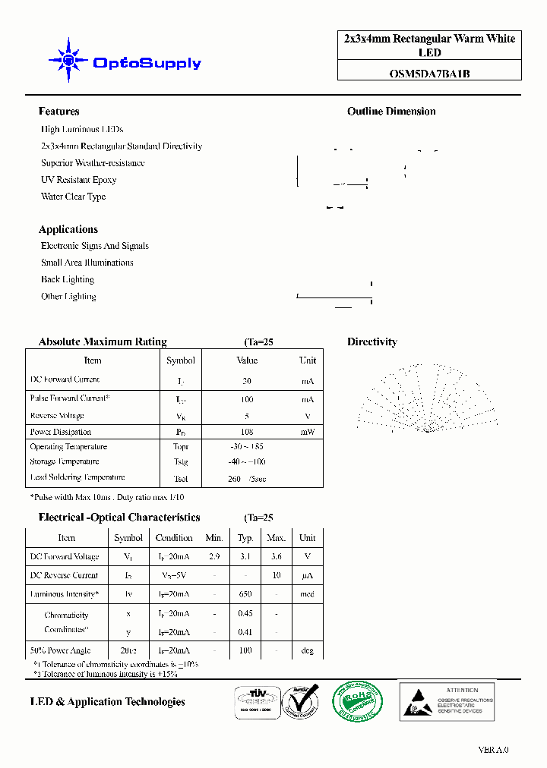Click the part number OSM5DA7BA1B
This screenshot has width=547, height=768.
[x=429, y=74]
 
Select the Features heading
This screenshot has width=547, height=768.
[x=58, y=112]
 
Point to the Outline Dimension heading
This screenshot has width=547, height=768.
[x=391, y=112]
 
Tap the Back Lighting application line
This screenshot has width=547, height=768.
[x=68, y=279]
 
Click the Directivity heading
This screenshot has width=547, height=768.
[x=372, y=342]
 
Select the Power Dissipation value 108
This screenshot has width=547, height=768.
[x=247, y=432]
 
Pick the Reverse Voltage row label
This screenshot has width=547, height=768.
[x=57, y=416]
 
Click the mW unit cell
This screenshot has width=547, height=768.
[x=307, y=432]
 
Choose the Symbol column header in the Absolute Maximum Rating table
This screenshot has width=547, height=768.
[x=180, y=360]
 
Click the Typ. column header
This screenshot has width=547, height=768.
[x=245, y=538]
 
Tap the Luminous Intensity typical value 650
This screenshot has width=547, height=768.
[x=245, y=594]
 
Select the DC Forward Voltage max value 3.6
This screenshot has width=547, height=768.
[x=276, y=556]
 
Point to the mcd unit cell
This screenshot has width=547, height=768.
[x=307, y=594]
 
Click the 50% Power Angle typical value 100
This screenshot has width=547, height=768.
[x=245, y=650]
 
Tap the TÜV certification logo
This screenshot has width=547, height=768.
[x=255, y=702]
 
